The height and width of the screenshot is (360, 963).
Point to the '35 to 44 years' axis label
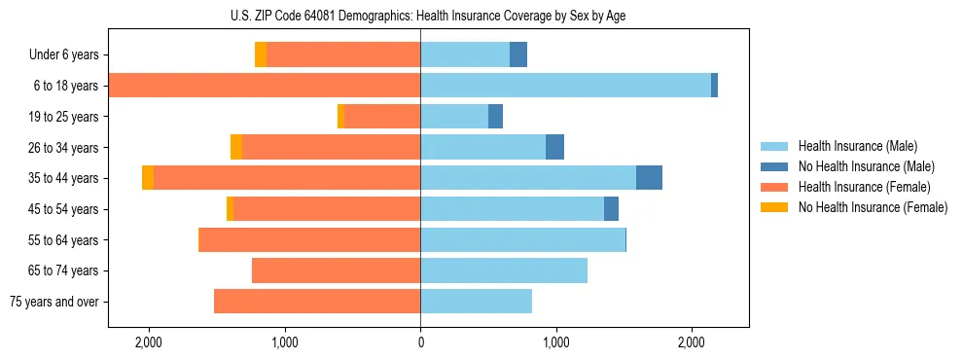click(x=64, y=178)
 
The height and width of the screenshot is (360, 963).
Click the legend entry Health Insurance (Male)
click(x=857, y=146)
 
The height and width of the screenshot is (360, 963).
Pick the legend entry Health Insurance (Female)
click(x=864, y=187)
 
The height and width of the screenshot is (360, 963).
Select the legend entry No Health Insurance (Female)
click(x=873, y=207)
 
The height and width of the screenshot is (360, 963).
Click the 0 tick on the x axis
click(x=420, y=342)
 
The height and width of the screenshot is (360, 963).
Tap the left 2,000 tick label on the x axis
click(x=149, y=342)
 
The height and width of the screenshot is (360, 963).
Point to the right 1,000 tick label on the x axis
click(x=555, y=342)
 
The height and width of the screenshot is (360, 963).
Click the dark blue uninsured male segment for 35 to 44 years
click(x=649, y=178)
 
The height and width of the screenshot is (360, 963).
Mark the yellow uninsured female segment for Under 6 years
click(x=261, y=54)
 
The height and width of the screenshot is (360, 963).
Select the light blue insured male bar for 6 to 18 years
click(x=565, y=86)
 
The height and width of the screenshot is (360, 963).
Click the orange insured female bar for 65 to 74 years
click(x=336, y=270)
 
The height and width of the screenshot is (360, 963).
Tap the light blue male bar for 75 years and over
click(x=476, y=302)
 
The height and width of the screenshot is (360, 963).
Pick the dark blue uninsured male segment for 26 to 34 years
click(x=554, y=147)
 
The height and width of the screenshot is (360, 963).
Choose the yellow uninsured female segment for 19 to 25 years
click(x=340, y=116)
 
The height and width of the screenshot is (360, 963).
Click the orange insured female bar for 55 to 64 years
click(x=309, y=239)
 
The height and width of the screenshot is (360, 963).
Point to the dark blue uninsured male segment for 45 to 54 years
click(x=611, y=209)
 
